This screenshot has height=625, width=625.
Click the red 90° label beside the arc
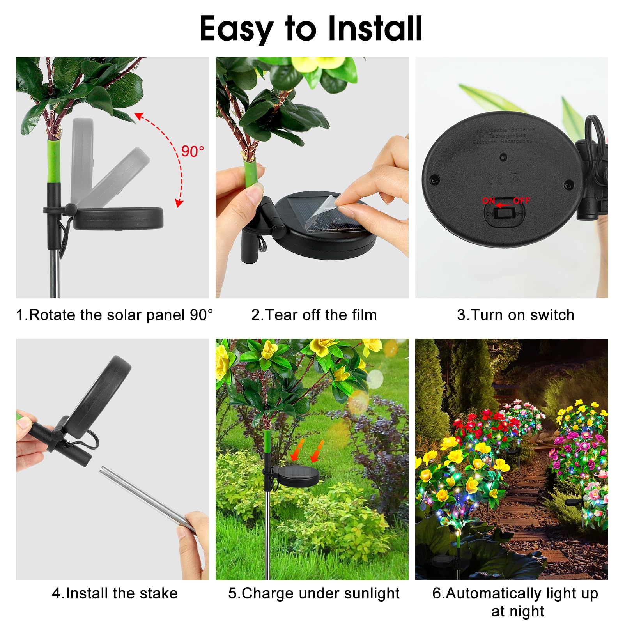(193, 151)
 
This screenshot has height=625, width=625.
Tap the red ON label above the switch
(489, 200)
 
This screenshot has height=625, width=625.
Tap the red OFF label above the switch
(521, 200)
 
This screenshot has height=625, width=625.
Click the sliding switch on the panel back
(503, 214)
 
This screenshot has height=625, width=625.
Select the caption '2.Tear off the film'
(314, 315)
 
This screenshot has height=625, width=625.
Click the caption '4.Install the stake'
(115, 593)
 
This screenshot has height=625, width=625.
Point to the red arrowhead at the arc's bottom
(179, 203)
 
